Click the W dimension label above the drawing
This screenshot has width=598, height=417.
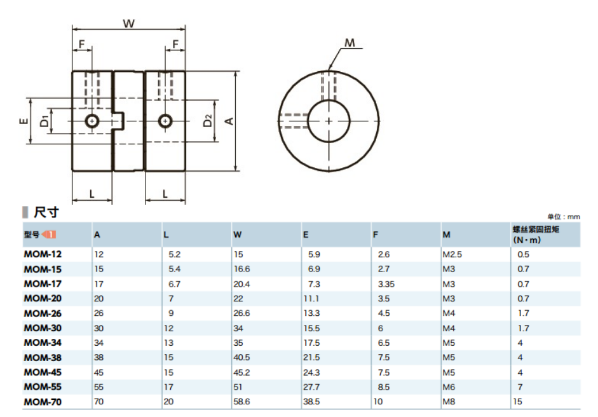coord(129,24)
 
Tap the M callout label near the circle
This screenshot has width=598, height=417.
coord(350,43)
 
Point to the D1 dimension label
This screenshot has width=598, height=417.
coord(44,121)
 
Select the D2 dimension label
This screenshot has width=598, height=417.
coord(207,121)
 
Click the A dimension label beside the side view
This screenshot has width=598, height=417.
coord(229,121)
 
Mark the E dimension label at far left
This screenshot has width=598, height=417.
coord(24,121)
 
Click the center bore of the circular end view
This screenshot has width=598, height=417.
coord(329,121)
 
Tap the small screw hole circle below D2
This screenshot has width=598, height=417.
coord(165,121)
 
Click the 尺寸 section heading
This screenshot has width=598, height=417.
coord(46,212)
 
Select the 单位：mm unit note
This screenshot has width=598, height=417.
coord(564,217)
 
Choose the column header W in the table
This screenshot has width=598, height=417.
coord(237,235)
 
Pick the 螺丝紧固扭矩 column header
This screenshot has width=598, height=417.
coord(536,229)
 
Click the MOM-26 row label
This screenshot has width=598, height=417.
coord(43,313)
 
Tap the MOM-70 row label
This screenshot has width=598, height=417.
coord(43,402)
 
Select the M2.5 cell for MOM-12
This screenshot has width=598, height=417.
coord(452,254)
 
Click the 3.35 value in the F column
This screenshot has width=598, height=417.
coord(386,284)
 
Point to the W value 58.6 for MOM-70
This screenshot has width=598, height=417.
coord(241,401)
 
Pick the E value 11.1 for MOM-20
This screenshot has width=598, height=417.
coord(311,299)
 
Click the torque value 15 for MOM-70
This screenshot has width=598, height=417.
coord(517,401)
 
